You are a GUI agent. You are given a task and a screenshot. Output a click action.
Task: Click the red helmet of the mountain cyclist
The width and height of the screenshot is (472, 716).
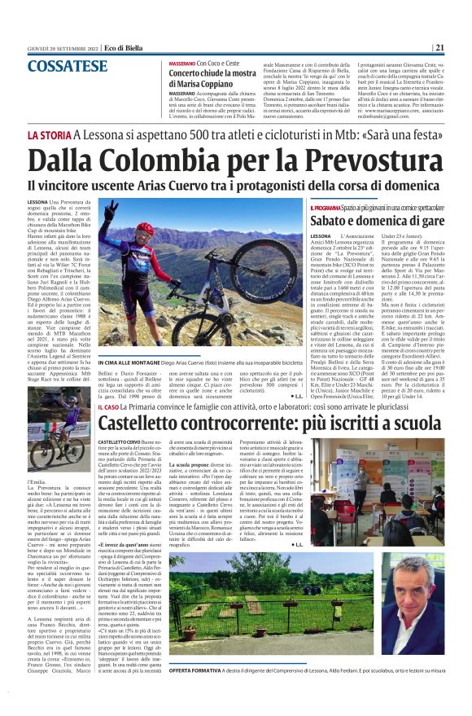[145, 229]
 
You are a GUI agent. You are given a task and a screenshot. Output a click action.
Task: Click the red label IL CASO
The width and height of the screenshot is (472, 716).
[109, 405]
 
